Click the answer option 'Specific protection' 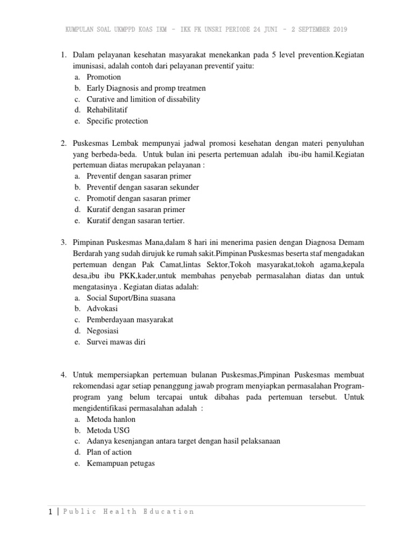(117, 121)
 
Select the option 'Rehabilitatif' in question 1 (107, 110)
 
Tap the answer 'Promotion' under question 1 (104, 77)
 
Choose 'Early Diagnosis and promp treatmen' (146, 88)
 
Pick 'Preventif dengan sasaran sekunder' (143, 187)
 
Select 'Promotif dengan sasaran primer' (139, 199)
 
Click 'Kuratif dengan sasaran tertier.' (136, 221)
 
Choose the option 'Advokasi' (102, 309)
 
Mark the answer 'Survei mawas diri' (116, 342)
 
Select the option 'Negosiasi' (103, 331)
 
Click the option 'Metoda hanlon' (111, 419)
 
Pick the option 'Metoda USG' (108, 430)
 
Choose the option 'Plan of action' (109, 452)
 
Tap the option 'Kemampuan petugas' (120, 463)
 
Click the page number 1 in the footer (50, 512)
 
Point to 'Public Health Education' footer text (129, 512)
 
